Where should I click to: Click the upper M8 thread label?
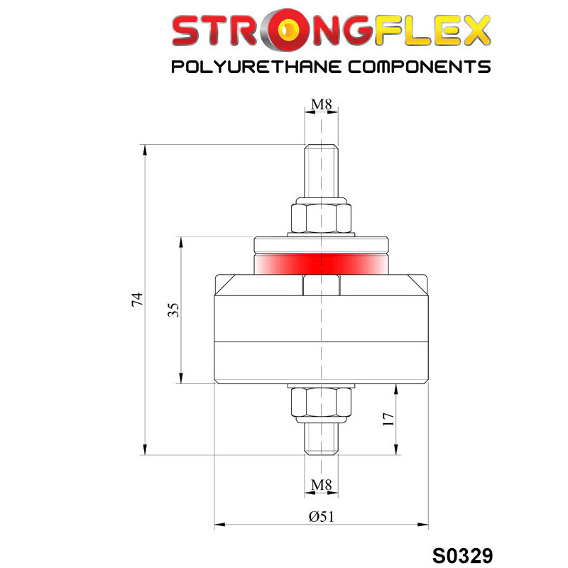point(322,104)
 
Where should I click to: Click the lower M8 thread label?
point(322,484)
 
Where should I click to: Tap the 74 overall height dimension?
point(137,299)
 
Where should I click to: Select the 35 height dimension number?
point(173,310)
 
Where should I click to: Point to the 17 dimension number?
point(388,419)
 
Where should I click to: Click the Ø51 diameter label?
point(322,516)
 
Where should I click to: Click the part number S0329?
point(463,555)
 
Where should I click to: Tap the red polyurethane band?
point(321,263)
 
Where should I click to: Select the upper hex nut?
point(322,218)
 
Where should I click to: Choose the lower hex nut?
point(322,402)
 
